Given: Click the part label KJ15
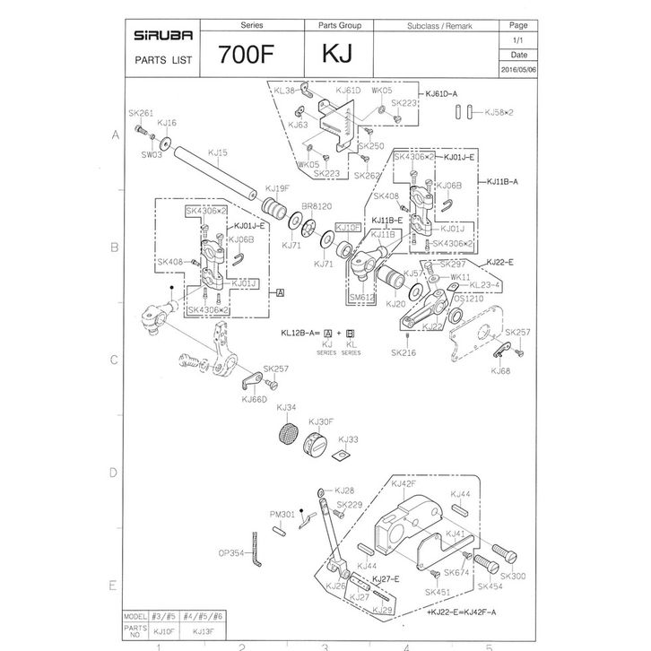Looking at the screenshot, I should point(217,152).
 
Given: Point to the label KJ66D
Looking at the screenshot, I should point(255,400).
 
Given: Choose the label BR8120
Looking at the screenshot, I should point(318,205).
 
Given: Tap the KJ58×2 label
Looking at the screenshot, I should point(502,113).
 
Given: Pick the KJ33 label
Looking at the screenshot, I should point(348,439).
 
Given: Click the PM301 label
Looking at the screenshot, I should point(282,514).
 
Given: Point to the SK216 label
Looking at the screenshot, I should point(404,352).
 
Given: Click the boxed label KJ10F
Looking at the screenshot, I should point(348,228).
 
